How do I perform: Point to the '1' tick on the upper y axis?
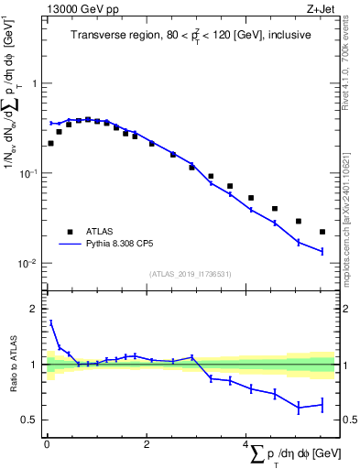pos(33,83)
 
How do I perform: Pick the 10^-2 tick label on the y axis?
pos(28,264)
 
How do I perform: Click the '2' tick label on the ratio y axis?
pos(33,309)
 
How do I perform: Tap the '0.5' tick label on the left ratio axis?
pos(28,420)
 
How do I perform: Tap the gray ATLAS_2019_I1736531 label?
pos(191,274)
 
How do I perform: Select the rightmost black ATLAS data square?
pos(322,232)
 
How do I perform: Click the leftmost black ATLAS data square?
pos(50,143)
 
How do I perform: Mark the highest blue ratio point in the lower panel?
pos(50,322)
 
